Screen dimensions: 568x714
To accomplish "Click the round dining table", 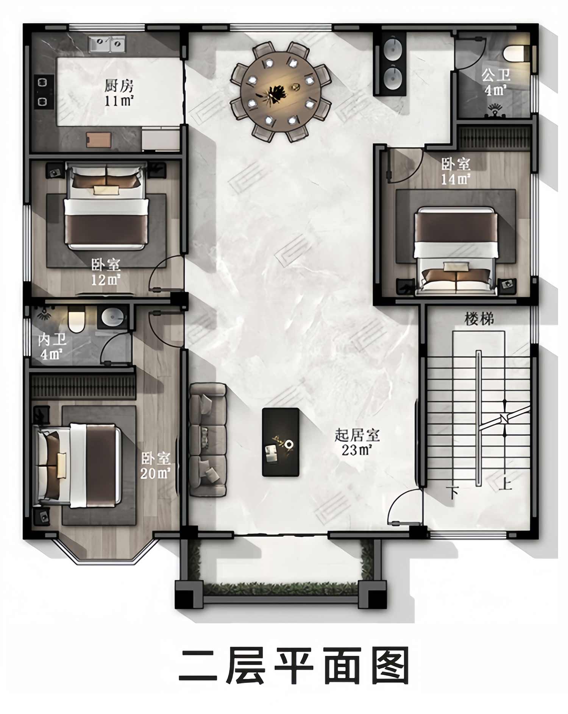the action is click(x=281, y=92).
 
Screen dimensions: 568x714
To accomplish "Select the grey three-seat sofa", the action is click(x=208, y=440).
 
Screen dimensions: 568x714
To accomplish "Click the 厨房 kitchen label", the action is click(x=119, y=87).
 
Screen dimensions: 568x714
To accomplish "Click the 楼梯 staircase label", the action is click(x=479, y=319).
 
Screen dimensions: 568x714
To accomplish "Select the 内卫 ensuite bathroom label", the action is click(x=53, y=340).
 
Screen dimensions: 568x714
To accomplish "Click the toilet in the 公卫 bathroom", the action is click(x=515, y=53).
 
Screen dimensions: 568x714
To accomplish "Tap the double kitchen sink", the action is click(x=107, y=44).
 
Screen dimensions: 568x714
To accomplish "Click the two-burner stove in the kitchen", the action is click(x=43, y=92).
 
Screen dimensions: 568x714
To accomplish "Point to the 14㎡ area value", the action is click(x=456, y=179).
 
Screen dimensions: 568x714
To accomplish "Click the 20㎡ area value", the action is click(x=155, y=473).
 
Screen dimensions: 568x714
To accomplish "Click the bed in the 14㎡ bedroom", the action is click(x=455, y=250).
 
